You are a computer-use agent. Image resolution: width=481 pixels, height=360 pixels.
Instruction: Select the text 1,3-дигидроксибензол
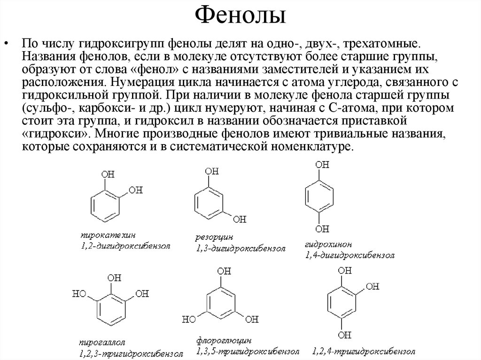coord(240,248)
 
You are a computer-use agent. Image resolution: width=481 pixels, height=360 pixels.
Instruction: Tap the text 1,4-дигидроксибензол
coord(349,256)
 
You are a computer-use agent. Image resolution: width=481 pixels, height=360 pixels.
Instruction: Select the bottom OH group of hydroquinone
coord(322,229)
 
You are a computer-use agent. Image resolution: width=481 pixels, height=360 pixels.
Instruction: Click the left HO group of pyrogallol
coord(78,294)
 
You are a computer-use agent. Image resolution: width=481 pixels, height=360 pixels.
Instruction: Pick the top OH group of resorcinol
coord(212,172)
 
